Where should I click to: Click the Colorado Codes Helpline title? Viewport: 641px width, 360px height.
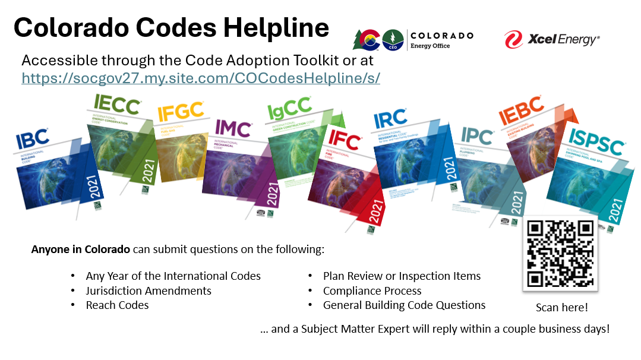[x=171, y=27]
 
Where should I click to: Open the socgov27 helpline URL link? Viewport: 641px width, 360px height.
[x=201, y=78]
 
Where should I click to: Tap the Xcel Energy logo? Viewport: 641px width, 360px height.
[x=552, y=40]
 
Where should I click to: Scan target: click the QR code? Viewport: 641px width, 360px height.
[x=560, y=254]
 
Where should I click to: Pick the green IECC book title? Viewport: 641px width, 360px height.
[x=117, y=106]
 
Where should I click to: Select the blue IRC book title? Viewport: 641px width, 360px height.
[x=390, y=118]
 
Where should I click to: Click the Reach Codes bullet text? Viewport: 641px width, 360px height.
[x=117, y=305]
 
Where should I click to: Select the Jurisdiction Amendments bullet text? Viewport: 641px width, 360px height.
[x=149, y=290]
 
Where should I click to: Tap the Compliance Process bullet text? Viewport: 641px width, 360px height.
[x=372, y=290]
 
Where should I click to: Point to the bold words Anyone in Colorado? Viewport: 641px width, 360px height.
[x=80, y=249]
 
